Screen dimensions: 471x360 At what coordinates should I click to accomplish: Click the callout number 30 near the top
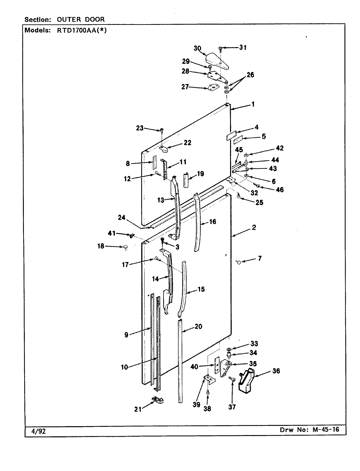(x=197, y=48)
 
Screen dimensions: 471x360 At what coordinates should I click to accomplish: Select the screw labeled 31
(x=221, y=49)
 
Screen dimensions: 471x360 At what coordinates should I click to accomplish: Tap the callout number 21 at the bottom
(x=138, y=409)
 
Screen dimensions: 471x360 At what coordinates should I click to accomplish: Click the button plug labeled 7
(x=239, y=262)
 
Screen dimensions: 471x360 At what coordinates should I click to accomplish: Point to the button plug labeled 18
(x=125, y=247)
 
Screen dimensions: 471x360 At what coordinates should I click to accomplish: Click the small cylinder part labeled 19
(x=186, y=180)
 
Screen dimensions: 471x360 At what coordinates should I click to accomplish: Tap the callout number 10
(x=124, y=367)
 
